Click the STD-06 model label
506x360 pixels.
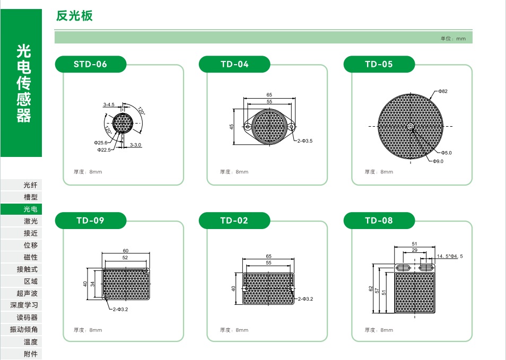[90, 64]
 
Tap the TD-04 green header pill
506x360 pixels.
[234, 64]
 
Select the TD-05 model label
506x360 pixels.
[379, 64]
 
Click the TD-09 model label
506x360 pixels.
[90, 221]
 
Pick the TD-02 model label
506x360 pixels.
[234, 221]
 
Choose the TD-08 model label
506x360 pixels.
[379, 221]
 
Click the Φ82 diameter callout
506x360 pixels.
[443, 91]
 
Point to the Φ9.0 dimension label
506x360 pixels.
[438, 161]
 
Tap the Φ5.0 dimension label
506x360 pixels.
[446, 153]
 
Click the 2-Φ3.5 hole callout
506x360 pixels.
[305, 141]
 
